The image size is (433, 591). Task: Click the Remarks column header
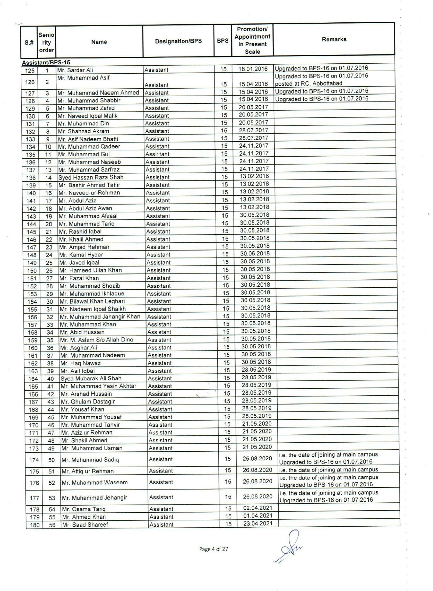334,39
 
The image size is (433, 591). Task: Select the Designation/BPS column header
178,41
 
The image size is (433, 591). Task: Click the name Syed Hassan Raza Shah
91,177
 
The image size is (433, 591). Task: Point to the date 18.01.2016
253,69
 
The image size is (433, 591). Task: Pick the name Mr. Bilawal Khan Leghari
92,301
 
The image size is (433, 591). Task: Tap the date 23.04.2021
258,523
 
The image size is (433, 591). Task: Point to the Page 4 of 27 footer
214,549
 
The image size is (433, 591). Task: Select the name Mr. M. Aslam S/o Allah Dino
97,340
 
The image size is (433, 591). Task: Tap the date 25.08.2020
257,458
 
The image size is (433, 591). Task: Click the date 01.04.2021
258,516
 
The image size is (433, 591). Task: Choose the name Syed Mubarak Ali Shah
91,379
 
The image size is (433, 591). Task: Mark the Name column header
99,42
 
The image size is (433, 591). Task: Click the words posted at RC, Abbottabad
308,83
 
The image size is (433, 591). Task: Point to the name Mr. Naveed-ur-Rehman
89,193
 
